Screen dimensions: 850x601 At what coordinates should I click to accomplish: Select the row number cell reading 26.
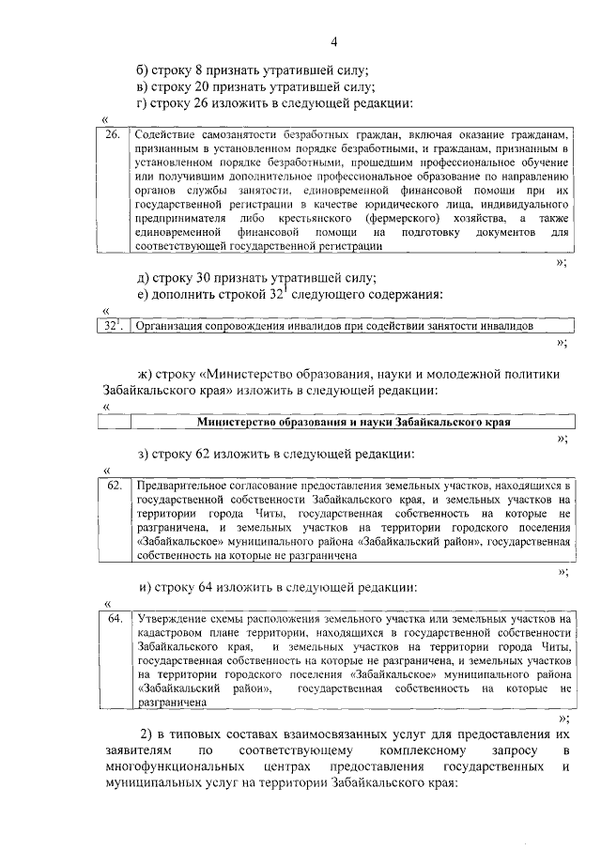click(x=112, y=134)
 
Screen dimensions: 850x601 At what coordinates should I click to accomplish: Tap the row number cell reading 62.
click(x=114, y=486)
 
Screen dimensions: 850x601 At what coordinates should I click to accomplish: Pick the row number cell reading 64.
click(x=114, y=619)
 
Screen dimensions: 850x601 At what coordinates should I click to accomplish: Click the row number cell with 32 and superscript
click(x=113, y=326)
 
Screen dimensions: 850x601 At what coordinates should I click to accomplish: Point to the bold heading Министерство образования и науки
click(x=353, y=423)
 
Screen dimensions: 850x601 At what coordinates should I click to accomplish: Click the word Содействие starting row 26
click(x=165, y=134)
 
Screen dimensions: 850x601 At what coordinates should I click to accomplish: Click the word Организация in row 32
click(x=170, y=326)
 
